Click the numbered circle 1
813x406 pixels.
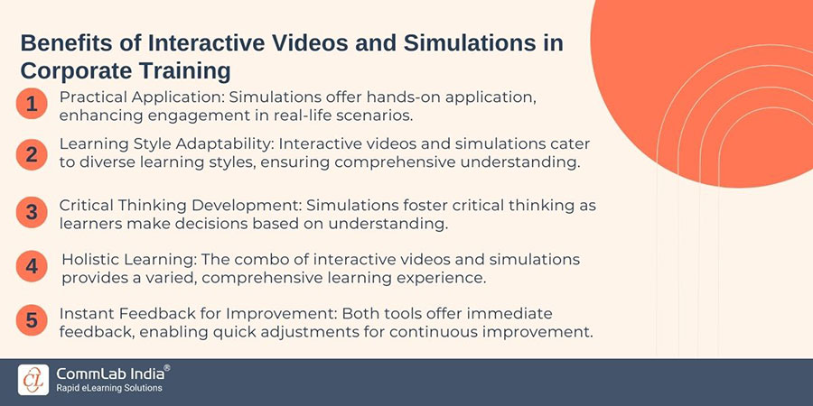32,105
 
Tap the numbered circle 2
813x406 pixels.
32,153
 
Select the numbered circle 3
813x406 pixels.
32,213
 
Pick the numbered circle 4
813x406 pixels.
32,267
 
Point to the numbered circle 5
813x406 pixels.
32,321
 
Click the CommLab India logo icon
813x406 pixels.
34,379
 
